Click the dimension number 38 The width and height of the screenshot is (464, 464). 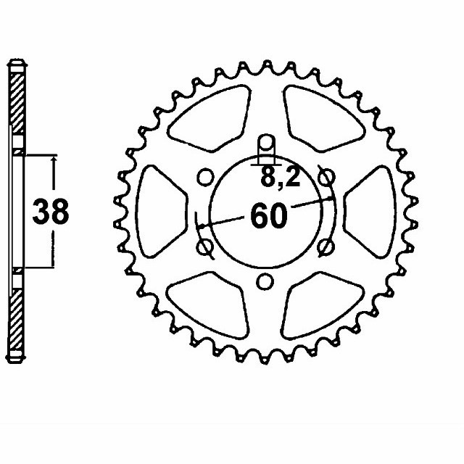click(51, 212)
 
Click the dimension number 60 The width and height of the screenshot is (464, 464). click(269, 216)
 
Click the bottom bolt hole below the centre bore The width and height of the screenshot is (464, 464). click(266, 281)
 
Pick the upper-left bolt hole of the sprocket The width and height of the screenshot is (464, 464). click(206, 176)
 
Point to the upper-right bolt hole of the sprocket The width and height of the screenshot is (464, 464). click(327, 176)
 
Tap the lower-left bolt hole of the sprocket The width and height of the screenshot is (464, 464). click(206, 246)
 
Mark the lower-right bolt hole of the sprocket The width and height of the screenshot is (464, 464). click(327, 246)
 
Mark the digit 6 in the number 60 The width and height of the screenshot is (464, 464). click(259, 216)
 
